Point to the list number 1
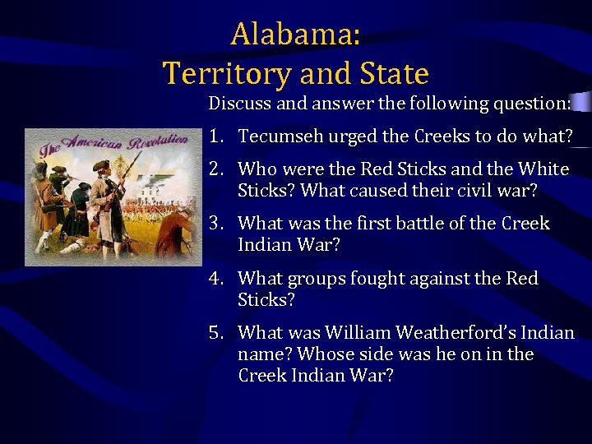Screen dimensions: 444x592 point(215,136)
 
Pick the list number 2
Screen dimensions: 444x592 point(215,169)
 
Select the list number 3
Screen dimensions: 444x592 point(215,224)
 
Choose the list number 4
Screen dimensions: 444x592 point(215,279)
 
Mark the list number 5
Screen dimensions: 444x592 point(215,333)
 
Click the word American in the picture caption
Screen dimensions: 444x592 point(93,146)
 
